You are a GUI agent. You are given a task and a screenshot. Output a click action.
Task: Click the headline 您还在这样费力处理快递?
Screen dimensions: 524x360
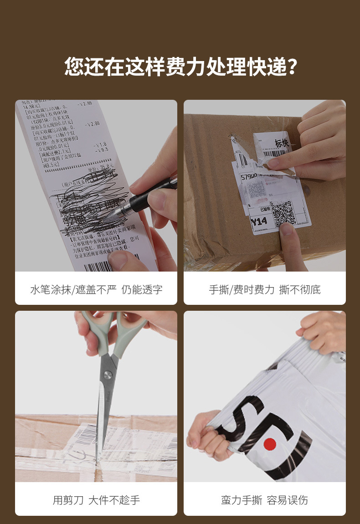[180, 67]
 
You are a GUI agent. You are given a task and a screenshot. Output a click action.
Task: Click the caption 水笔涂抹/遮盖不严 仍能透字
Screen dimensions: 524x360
[96, 289]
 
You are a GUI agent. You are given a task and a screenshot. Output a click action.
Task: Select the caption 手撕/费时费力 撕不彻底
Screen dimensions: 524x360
[265, 289]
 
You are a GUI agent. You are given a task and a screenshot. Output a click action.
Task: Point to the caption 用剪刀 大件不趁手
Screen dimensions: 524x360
[96, 500]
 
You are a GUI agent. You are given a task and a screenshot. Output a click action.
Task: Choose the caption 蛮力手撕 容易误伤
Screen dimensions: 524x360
[265, 500]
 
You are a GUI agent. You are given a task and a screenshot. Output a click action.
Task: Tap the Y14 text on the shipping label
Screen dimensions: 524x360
[258, 222]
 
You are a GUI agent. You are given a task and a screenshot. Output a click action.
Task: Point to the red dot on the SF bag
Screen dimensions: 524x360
[270, 443]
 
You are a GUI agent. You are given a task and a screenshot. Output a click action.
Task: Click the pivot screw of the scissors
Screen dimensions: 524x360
[108, 375]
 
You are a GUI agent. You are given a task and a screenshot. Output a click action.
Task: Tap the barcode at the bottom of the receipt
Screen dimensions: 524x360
[98, 265]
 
